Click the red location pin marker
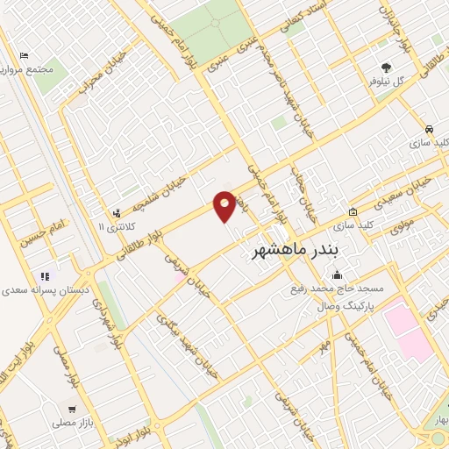coord(225,206)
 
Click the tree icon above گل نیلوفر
coord(385,67)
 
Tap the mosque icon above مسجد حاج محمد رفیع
coord(336,277)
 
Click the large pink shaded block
coord(408,329)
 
